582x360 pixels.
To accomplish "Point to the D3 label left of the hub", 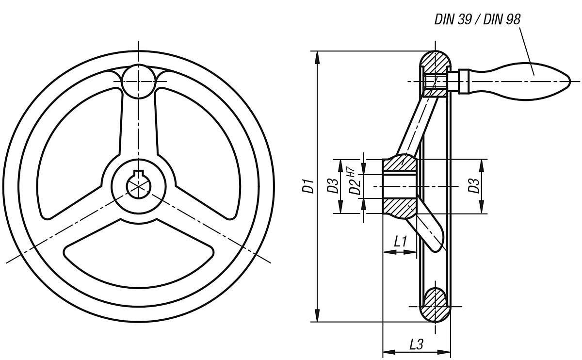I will pyautogui.click(x=332, y=186).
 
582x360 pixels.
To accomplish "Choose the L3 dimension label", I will pyautogui.click(x=416, y=344).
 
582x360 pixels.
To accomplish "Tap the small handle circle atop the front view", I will pyautogui.click(x=139, y=81).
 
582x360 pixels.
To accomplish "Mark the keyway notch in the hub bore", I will pyautogui.click(x=139, y=174).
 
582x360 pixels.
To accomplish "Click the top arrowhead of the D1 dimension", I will pyautogui.click(x=317, y=56).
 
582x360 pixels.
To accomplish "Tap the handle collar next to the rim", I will pyautogui.click(x=463, y=81).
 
